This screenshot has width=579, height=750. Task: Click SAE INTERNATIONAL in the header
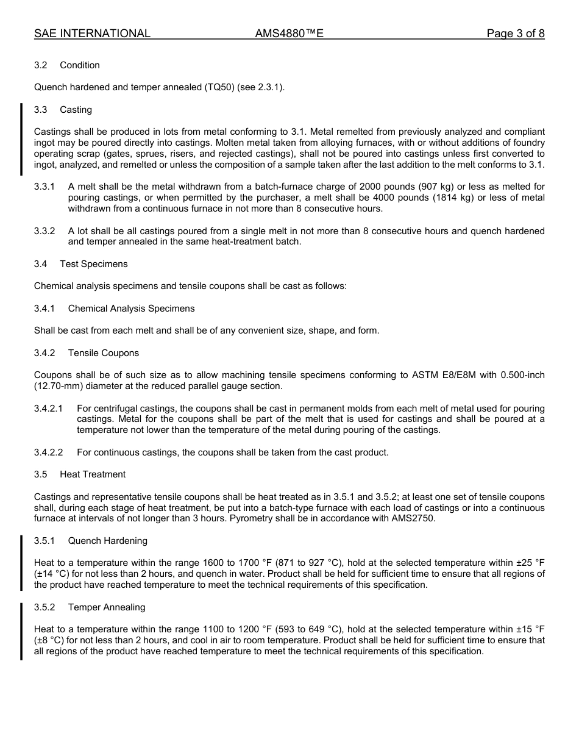pos(92,34)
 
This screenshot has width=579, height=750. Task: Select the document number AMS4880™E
pos(289,34)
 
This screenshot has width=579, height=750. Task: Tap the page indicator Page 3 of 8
pos(515,34)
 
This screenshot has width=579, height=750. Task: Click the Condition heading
pos(80,65)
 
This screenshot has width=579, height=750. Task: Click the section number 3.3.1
pos(44,187)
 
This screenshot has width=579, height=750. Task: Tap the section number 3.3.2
pos(44,231)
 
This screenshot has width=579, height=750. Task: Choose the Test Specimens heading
pos(94,264)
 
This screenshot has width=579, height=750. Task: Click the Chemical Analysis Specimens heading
pos(131,309)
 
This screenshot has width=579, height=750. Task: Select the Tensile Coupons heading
pos(104,353)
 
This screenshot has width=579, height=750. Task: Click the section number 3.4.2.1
pos(49,409)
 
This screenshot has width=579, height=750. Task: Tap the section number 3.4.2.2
pos(49,452)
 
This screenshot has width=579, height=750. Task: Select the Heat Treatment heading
pos(93,474)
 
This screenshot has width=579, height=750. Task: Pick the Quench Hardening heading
pos(107,541)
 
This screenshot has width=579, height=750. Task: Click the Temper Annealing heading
pos(107,607)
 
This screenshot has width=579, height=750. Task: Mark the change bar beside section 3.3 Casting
pos(21,139)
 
